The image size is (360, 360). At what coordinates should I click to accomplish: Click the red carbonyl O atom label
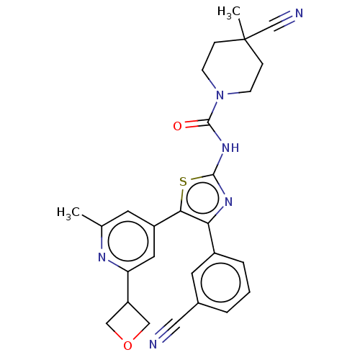coord(177,126)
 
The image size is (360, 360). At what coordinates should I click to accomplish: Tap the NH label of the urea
coord(230,148)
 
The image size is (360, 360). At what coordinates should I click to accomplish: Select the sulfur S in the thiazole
coord(183,181)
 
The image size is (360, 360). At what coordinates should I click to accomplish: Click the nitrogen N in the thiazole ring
coord(228,202)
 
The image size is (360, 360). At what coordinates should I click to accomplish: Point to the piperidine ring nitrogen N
coord(220,95)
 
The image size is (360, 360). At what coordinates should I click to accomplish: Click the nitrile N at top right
coord(299,13)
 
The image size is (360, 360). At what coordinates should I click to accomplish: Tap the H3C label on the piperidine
coord(228,12)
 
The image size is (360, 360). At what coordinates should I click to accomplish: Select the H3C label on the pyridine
coord(68,213)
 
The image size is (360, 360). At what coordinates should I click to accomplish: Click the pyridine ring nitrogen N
coord(102,257)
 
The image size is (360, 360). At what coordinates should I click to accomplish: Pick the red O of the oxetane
coord(127,346)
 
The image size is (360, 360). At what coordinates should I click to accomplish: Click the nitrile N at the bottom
coord(153,344)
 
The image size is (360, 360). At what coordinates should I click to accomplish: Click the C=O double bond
coord(197,123)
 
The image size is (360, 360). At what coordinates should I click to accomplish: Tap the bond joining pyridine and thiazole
coord(167,219)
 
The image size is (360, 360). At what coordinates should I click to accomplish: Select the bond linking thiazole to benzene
coord(212,238)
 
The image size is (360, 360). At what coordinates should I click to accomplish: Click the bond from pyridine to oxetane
coord(128,287)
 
